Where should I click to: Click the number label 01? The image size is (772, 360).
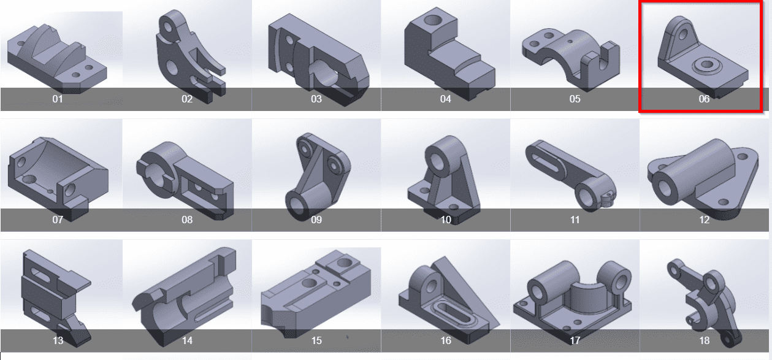click(x=58, y=99)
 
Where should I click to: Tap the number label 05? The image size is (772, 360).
click(x=575, y=99)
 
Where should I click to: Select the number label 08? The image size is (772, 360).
click(x=187, y=220)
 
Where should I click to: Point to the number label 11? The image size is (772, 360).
click(x=575, y=220)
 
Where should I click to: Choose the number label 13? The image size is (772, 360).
click(x=58, y=340)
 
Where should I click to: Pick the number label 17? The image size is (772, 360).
click(x=575, y=340)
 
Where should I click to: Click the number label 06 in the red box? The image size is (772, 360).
click(x=704, y=99)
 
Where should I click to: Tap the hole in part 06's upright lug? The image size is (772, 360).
click(x=682, y=34)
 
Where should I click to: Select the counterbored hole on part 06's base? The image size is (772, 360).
click(x=706, y=64)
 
